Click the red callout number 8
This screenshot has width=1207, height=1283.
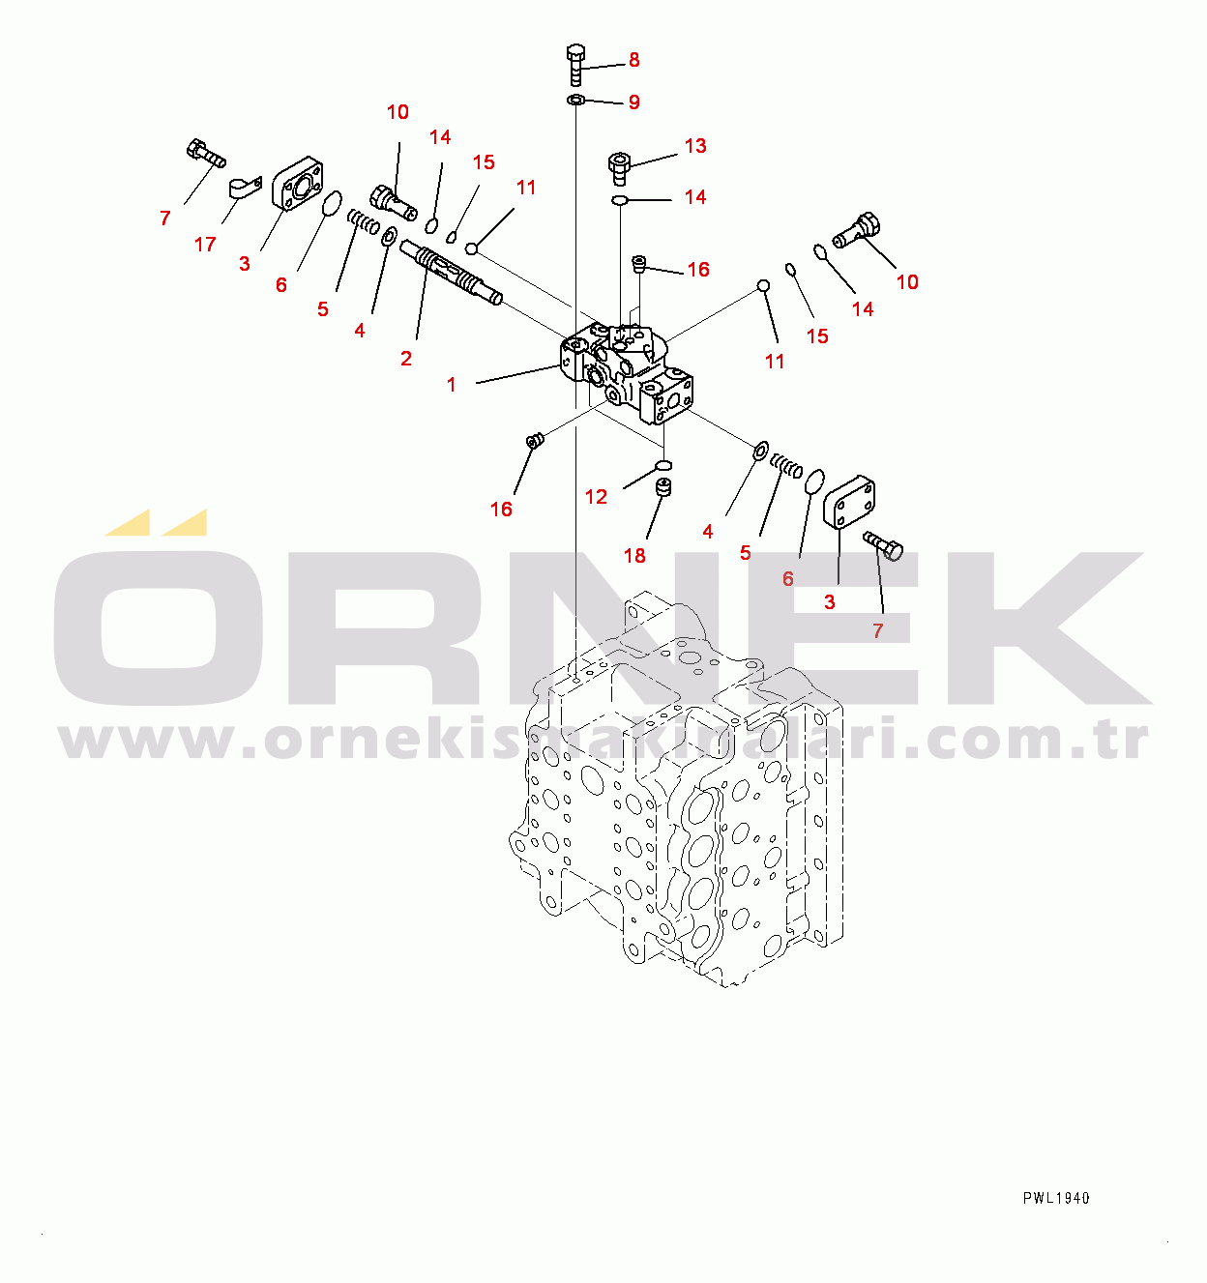tap(634, 60)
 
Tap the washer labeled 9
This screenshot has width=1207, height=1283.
tap(576, 101)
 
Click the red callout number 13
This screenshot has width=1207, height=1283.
tap(695, 146)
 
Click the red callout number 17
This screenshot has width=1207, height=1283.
tap(205, 245)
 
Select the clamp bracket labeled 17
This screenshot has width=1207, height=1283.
tap(246, 188)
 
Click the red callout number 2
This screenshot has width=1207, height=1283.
tap(406, 359)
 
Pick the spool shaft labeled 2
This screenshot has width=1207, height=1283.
tap(451, 273)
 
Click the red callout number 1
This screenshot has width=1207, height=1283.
tap(452, 385)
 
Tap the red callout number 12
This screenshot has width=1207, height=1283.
tap(596, 497)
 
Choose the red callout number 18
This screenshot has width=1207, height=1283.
tap(634, 556)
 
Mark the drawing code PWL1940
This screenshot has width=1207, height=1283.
tap(1056, 1198)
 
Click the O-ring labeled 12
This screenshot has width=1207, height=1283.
tap(663, 465)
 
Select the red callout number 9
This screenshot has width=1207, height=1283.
tap(634, 102)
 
